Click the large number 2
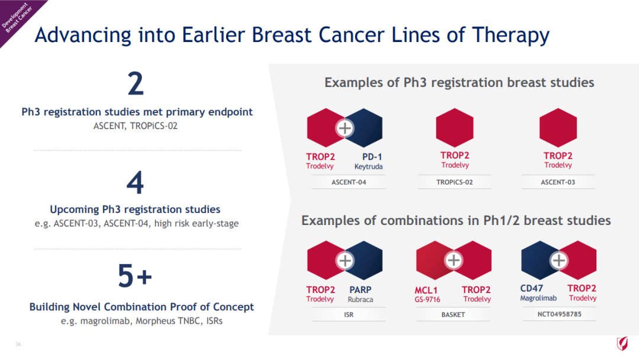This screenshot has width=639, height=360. [x=135, y=83]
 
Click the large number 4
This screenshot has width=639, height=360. [x=135, y=182]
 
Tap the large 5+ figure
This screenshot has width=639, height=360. [x=135, y=275]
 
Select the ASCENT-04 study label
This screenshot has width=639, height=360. [x=349, y=182]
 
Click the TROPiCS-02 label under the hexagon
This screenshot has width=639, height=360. [x=454, y=182]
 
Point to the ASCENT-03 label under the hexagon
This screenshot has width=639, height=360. [x=558, y=182]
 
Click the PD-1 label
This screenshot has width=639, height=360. [x=372, y=157]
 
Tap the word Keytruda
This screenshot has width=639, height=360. [x=369, y=166]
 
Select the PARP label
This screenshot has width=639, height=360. [x=360, y=290]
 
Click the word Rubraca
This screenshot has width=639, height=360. [x=360, y=299]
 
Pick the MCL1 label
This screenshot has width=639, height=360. [x=426, y=290]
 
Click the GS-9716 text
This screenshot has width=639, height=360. [x=428, y=300]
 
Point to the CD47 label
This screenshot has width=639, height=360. [x=531, y=288]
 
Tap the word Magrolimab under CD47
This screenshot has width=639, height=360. [x=538, y=298]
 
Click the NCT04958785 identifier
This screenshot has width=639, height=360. [x=560, y=314]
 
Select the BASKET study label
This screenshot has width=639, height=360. [x=453, y=315]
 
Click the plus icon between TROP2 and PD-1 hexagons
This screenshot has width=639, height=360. [x=345, y=128]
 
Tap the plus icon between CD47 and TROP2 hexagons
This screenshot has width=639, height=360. [x=559, y=260]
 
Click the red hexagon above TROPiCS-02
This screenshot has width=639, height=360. [x=455, y=128]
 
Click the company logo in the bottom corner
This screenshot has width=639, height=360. [x=622, y=343]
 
